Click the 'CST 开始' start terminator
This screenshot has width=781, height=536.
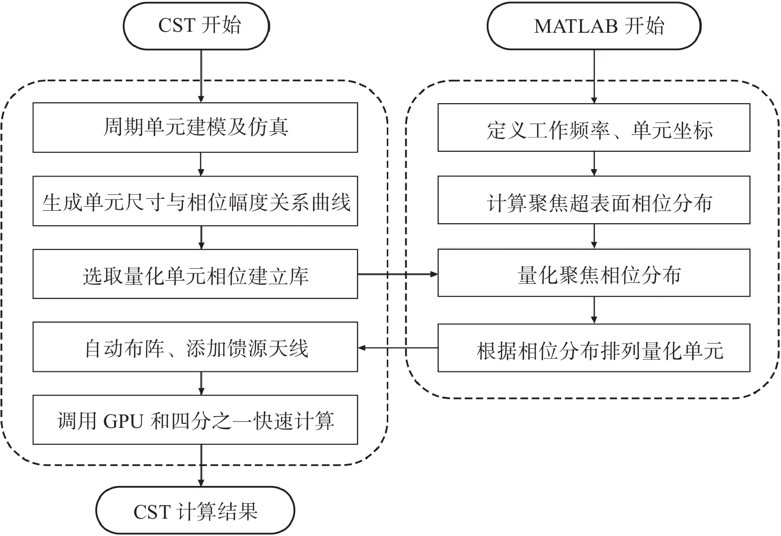[x=196, y=26]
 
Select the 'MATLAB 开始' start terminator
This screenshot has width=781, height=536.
[x=594, y=26]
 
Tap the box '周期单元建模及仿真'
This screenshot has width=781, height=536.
[x=195, y=127]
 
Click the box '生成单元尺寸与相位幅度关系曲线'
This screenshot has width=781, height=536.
[x=195, y=201]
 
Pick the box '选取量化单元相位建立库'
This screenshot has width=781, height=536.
[x=195, y=274]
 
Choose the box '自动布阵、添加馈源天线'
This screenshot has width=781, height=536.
[x=195, y=347]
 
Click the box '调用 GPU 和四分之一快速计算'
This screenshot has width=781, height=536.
[x=195, y=420]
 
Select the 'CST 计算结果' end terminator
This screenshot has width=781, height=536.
[x=195, y=511]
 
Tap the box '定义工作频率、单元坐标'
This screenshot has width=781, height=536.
[x=594, y=128]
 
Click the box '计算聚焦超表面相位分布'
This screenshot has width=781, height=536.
[x=594, y=200]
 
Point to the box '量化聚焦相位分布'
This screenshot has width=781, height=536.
[x=594, y=273]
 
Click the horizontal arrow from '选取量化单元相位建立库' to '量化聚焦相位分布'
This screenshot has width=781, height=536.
[x=397, y=274]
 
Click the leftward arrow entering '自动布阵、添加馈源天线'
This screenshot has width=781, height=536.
[x=397, y=348]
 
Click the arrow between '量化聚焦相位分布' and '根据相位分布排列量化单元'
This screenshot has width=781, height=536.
[x=594, y=310]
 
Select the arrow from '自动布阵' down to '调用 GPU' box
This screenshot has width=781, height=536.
[x=201, y=383]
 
